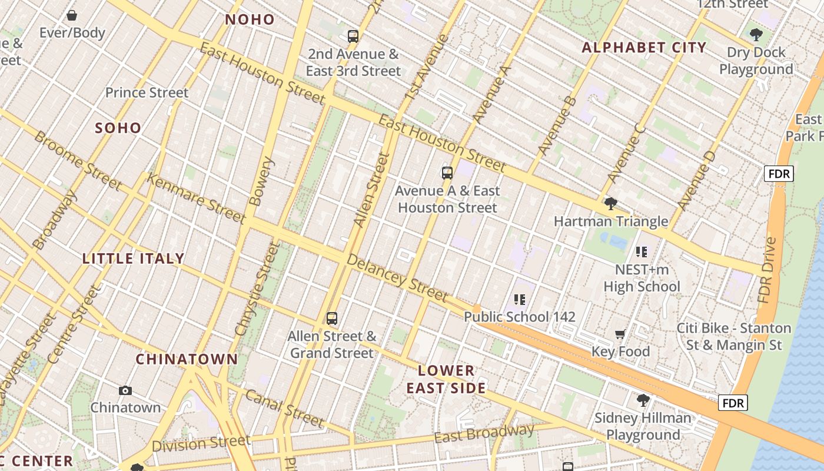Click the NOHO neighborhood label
coord(250,19)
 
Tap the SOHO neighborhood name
coord(118,128)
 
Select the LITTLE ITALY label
coord(134,258)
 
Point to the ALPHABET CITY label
coord(644,48)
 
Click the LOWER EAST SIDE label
coord(447,379)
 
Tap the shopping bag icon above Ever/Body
coord(72,15)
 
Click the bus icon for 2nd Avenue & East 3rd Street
coord(353,37)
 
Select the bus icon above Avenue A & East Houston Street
coord(447,173)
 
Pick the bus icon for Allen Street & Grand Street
coord(333,319)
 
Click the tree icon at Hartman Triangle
coord(611,204)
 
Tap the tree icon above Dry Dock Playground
coord(756,35)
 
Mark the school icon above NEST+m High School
coord(642,252)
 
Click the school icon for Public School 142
coord(519,300)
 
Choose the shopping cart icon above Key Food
coord(620,334)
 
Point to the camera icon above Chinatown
coord(125,390)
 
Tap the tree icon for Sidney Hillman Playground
coord(643,400)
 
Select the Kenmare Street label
coord(195,198)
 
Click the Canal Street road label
coord(284,408)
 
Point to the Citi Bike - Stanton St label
coord(733,336)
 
